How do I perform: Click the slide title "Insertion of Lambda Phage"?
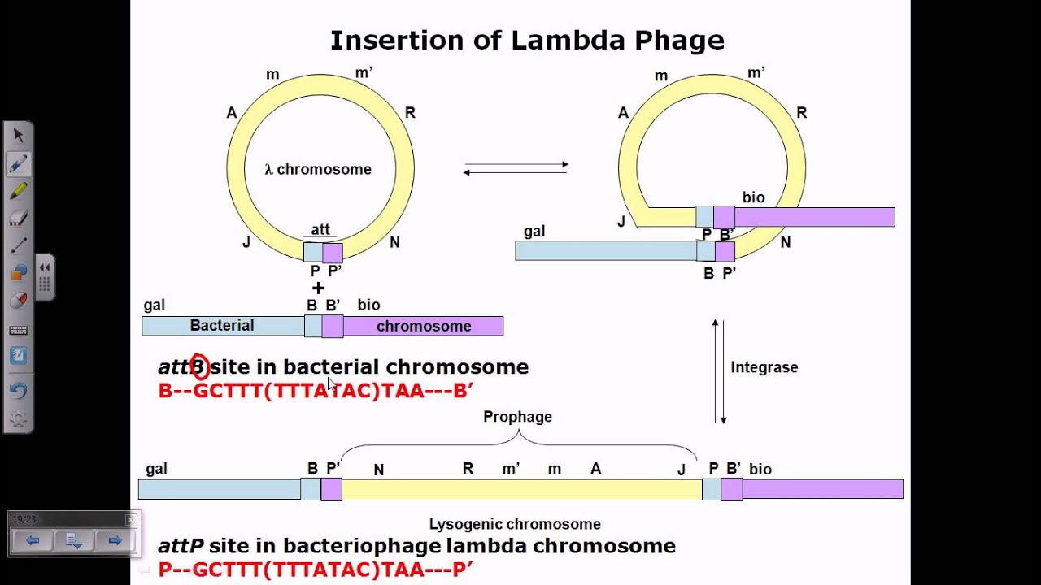526,41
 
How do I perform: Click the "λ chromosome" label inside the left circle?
318,170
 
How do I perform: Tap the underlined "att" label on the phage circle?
320,231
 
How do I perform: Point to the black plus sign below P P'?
318,288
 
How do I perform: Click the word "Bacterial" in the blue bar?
222,326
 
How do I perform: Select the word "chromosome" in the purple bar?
424,327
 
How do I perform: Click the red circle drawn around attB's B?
198,367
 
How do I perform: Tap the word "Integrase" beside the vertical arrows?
764,367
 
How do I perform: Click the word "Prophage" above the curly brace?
517,417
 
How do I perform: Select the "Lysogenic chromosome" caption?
515,525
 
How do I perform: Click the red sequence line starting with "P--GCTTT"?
316,570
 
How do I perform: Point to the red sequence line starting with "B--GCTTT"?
316,391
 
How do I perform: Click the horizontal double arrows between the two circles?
516,169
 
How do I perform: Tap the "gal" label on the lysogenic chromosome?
157,469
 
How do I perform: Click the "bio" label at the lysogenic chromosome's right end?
760,470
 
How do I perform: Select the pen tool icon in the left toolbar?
18,163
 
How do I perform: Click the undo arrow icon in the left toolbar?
18,391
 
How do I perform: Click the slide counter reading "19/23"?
24,519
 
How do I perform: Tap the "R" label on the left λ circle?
410,113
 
